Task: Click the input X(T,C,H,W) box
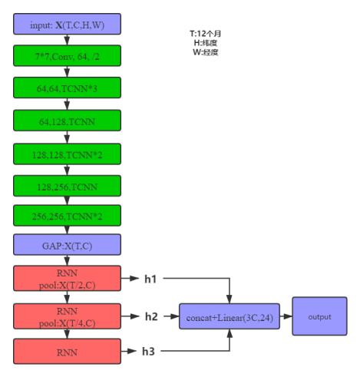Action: [67, 24]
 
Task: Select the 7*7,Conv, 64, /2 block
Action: [67, 55]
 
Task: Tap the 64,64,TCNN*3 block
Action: [67, 88]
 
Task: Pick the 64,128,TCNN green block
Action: [67, 121]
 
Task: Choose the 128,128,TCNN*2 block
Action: [67, 154]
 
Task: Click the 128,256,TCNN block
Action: [67, 186]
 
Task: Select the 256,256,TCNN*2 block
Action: [67, 216]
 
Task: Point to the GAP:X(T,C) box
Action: [67, 245]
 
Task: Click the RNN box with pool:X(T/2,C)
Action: [67, 278]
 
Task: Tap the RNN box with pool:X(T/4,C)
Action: [67, 316]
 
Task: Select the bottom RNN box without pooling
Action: [67, 352]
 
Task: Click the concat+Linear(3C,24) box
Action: [230, 316]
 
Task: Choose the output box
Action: [320, 316]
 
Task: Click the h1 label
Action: [150, 279]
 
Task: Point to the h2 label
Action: [151, 316]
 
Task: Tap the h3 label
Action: [148, 352]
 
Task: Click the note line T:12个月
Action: [206, 34]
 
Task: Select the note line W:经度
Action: [206, 52]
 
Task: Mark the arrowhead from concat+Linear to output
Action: [288, 316]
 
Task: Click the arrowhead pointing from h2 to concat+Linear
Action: [175, 316]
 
